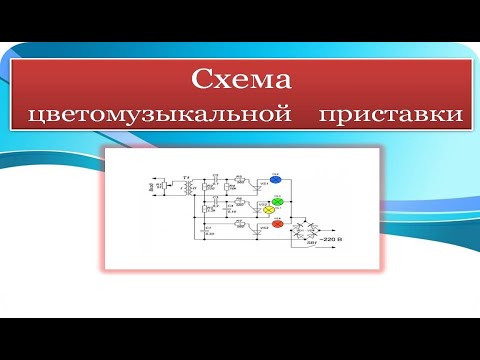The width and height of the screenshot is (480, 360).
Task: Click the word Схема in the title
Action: [x=240, y=79]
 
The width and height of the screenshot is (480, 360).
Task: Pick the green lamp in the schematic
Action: [x=279, y=202]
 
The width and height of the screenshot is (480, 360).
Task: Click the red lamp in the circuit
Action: [x=279, y=225]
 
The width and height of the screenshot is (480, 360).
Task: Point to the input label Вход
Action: [x=152, y=186]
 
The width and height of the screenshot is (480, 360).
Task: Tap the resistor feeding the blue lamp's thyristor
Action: [x=240, y=182]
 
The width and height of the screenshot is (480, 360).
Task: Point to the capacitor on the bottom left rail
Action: [x=206, y=231]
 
